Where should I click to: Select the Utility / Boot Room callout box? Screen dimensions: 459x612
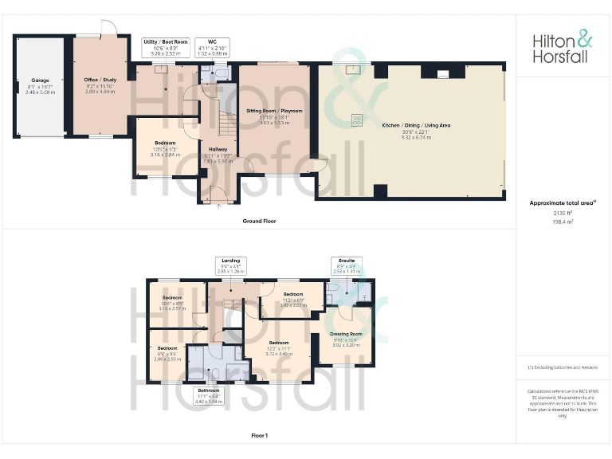166,47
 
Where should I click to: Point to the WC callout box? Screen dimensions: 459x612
212,47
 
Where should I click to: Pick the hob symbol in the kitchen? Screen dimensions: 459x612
354,120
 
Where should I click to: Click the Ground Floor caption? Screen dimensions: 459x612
259,221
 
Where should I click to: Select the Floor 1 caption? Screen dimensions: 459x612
259,435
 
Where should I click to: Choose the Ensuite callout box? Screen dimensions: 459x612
347,265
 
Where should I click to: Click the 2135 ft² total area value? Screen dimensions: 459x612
563,213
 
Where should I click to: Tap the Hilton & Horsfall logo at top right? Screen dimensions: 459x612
563,47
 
